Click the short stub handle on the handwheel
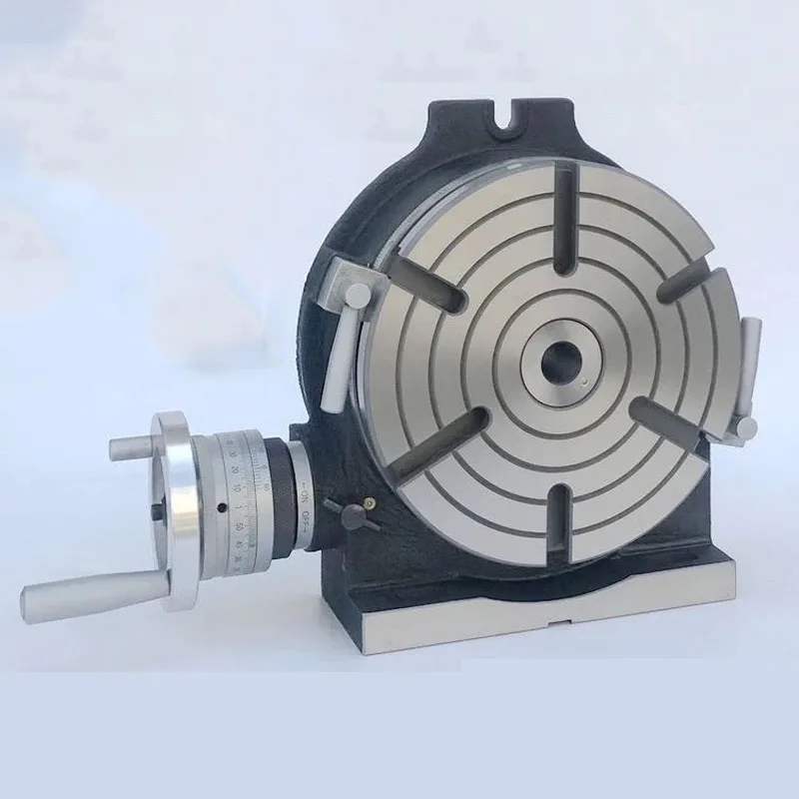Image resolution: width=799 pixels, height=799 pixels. (x=131, y=446)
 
